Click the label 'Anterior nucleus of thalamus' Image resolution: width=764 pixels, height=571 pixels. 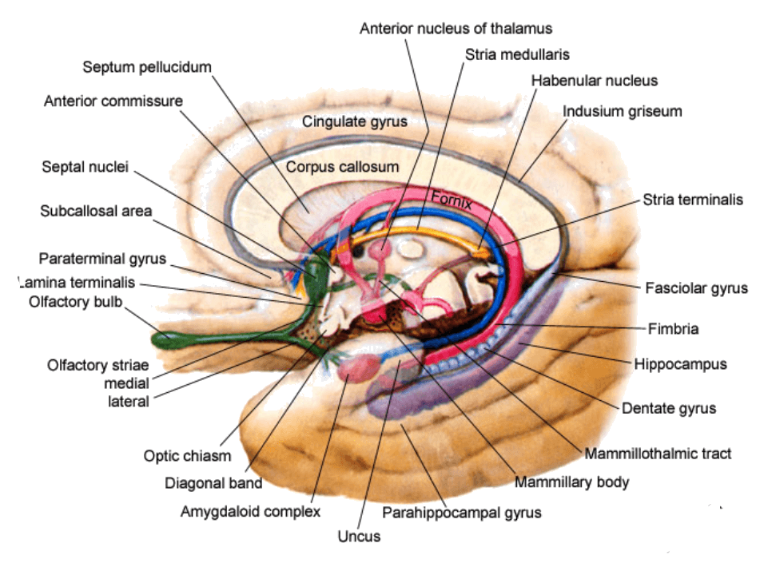(456, 28)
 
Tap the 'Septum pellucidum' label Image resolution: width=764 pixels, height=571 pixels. (147, 66)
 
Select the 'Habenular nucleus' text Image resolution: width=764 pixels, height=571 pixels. (594, 81)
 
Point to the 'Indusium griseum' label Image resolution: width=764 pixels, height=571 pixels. (623, 111)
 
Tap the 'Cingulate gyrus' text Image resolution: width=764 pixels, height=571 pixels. (355, 122)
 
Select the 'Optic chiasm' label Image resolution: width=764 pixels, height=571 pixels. (187, 456)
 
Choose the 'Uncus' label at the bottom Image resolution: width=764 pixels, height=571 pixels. (359, 537)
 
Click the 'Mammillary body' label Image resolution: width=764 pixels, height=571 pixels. (571, 482)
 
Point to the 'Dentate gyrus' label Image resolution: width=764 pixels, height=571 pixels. (669, 408)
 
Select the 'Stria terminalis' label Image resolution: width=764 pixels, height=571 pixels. (693, 200)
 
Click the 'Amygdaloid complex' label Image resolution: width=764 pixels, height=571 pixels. (250, 511)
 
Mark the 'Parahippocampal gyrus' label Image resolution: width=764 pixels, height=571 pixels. (462, 512)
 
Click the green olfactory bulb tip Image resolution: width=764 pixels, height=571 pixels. (163, 339)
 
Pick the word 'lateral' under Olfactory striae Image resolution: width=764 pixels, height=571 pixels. (129, 401)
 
